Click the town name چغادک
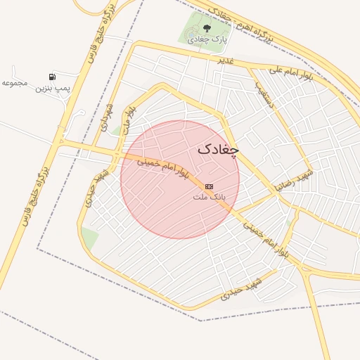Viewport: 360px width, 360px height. (218, 149)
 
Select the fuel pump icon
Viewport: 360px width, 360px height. (52, 77)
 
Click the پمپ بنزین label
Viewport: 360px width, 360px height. (54, 89)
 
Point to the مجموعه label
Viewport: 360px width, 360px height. (14, 83)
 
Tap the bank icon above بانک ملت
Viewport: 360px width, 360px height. (209, 186)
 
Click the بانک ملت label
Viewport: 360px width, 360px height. (210, 198)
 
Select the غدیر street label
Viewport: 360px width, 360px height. (225, 61)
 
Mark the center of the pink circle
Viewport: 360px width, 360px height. (180, 179)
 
